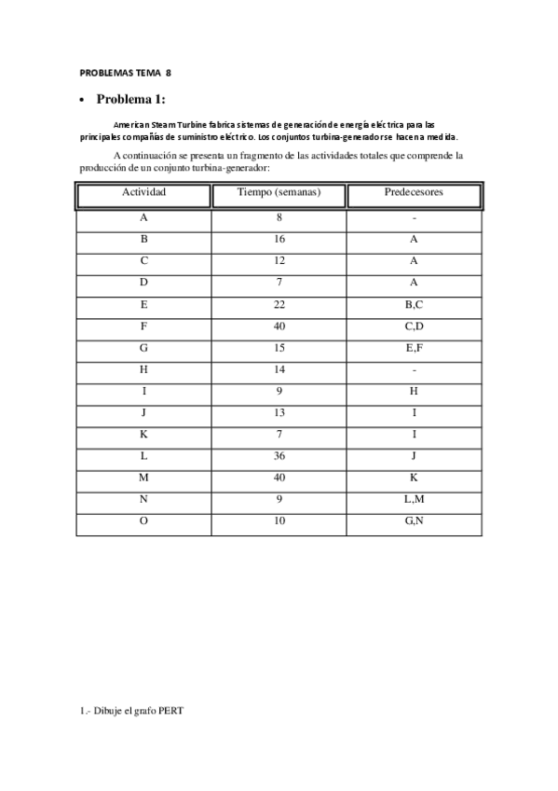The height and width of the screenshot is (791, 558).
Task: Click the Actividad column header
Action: point(143,193)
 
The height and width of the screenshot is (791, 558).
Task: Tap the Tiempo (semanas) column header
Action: point(279,193)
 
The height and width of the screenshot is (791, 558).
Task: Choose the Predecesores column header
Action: point(414,193)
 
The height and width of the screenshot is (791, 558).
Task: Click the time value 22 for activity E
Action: point(279,304)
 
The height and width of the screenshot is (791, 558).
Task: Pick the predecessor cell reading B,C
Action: point(414,304)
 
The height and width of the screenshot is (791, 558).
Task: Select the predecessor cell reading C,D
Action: point(414,326)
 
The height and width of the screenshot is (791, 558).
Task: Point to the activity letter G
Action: point(143,347)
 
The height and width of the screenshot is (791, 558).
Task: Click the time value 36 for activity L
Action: point(279,455)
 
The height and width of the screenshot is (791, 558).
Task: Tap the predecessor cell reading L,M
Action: point(414,499)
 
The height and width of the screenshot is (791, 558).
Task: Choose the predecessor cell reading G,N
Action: point(414,520)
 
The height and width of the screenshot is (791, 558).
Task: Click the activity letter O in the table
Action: point(143,520)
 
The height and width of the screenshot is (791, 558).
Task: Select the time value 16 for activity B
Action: point(279,239)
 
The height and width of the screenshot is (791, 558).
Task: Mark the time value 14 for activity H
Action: point(279,368)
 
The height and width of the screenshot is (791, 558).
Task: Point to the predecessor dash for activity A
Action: point(414,217)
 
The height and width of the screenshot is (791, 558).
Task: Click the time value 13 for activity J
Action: point(279,412)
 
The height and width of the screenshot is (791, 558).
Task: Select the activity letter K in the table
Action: point(143,434)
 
